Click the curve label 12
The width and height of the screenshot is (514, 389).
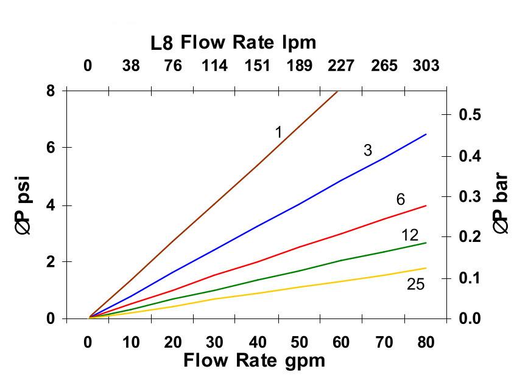[410, 235]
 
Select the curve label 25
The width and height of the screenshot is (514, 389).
[415, 284]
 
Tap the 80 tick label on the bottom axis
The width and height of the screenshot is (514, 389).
[426, 342]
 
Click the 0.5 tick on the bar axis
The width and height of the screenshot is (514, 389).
[468, 115]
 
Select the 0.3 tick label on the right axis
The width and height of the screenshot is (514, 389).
[468, 196]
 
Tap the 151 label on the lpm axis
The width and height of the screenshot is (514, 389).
[257, 66]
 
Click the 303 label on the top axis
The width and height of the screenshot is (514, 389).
[426, 66]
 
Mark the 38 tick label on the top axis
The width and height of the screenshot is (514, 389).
[130, 66]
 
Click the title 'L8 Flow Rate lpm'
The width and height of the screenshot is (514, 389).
[233, 43]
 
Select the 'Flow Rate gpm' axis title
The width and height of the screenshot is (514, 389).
[255, 360]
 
